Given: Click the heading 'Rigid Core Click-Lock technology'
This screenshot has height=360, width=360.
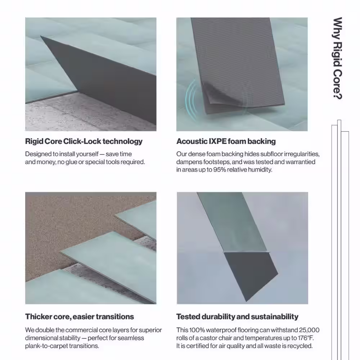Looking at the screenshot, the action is [84, 141].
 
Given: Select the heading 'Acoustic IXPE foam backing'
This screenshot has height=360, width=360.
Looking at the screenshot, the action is [226, 141].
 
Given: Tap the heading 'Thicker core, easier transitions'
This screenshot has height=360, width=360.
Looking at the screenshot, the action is [80, 316].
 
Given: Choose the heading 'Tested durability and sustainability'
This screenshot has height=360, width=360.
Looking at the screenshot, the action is [237, 316].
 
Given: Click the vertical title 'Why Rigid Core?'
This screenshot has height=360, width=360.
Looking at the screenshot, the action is [337, 58].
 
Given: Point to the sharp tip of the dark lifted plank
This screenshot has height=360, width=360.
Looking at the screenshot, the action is [41, 36].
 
